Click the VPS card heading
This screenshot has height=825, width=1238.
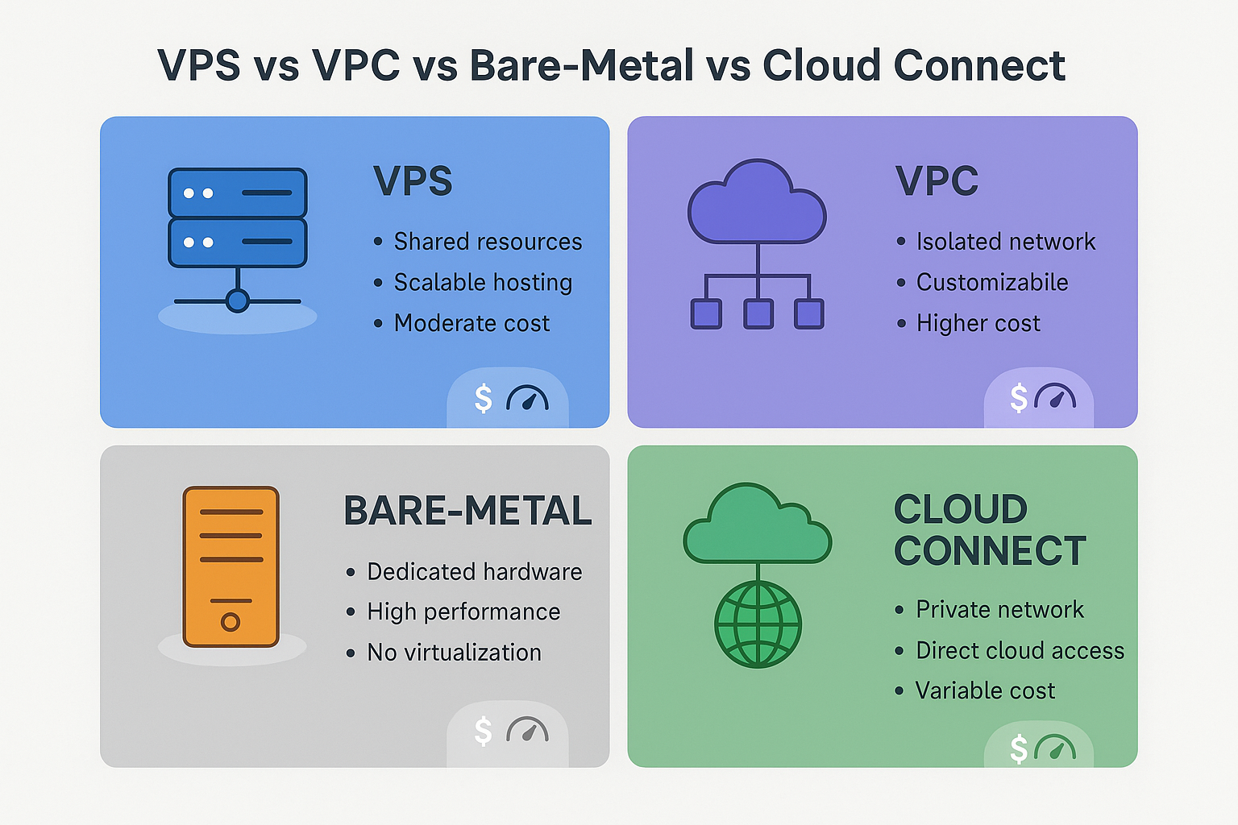413,180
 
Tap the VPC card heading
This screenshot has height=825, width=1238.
937,180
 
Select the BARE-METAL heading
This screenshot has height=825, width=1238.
467,510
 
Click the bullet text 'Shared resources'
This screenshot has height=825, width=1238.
488,242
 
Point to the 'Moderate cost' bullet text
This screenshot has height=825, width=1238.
472,323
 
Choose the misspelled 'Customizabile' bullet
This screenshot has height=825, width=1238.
992,282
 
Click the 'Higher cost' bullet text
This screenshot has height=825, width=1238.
978,323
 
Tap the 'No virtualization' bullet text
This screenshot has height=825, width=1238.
454,653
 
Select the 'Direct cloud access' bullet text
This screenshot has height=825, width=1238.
1020,650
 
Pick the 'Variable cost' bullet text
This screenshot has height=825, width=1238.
986,690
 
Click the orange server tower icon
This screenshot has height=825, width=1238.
231,566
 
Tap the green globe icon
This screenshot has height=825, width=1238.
758,624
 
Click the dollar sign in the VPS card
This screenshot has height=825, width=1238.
483,399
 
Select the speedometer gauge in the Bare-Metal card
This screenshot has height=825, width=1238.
527,729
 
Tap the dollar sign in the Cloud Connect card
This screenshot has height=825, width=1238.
1019,748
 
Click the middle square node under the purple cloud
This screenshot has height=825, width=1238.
758,314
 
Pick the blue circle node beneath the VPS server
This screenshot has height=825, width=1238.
238,301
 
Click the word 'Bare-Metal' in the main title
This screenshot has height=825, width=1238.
581,65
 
